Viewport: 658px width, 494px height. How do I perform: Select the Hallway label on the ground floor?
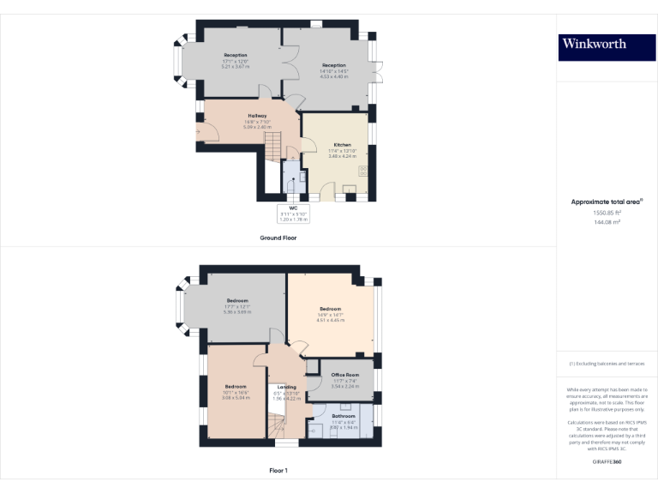(258, 116)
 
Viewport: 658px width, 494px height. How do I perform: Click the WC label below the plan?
(293, 208)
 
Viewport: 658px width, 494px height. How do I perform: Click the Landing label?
(287, 387)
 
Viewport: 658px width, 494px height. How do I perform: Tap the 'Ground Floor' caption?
(278, 238)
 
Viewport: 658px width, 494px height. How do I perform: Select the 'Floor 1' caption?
(278, 471)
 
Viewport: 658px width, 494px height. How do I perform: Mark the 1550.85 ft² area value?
(607, 212)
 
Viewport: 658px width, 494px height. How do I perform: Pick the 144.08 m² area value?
(607, 221)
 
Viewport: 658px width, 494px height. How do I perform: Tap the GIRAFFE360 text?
(607, 462)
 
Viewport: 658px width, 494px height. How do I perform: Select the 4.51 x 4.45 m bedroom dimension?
(331, 320)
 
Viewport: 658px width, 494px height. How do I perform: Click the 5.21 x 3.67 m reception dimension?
(236, 66)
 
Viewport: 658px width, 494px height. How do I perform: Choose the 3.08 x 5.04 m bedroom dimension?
(236, 398)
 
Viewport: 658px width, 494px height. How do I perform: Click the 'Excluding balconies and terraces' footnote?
(607, 364)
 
